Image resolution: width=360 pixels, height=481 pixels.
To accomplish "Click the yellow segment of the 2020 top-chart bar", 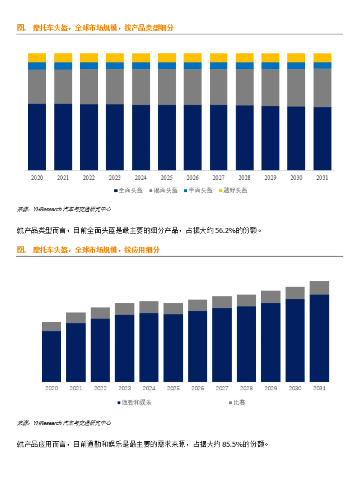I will pyautogui.click(x=37, y=58).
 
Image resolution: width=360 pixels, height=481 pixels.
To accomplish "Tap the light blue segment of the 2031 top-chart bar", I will pyautogui.click(x=322, y=65).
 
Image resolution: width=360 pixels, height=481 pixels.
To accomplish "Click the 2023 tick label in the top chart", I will pyautogui.click(x=115, y=178).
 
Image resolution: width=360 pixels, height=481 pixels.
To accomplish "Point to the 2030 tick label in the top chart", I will pyautogui.click(x=296, y=178).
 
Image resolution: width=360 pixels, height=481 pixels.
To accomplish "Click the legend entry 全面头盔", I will pyautogui.click(x=130, y=190).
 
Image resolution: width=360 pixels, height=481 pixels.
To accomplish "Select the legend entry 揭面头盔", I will pyautogui.click(x=165, y=190).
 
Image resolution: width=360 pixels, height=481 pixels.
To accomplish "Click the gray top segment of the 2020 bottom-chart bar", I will pyautogui.click(x=51, y=326).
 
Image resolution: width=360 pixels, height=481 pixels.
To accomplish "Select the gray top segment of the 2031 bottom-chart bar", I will pyautogui.click(x=319, y=288).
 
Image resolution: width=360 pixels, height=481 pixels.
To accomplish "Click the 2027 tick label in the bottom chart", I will pyautogui.click(x=222, y=388).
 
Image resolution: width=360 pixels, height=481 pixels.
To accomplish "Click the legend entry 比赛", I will pyautogui.click(x=239, y=403).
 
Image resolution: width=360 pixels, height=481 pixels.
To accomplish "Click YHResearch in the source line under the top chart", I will pyautogui.click(x=47, y=209).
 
